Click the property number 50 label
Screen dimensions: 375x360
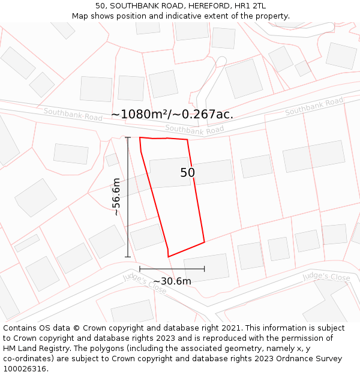[188, 173]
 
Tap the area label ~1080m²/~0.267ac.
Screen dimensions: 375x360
[172, 114]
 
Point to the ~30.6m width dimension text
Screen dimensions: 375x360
[172, 281]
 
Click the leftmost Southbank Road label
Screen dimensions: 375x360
[73, 113]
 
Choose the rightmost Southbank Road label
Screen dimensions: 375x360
[314, 106]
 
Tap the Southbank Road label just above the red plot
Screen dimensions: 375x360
[194, 130]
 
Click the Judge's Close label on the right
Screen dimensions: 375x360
[326, 277]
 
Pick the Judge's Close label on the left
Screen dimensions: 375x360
[145, 283]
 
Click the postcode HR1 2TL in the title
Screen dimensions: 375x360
[251, 6]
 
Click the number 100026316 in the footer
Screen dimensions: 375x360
[25, 368]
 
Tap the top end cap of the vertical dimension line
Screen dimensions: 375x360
[128, 137]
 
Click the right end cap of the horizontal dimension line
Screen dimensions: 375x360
[205, 269]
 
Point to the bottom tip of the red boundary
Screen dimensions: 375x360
[168, 257]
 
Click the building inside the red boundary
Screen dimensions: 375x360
[170, 172]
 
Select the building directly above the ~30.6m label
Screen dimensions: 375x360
[206, 267]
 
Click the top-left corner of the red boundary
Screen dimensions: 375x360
[140, 137]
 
